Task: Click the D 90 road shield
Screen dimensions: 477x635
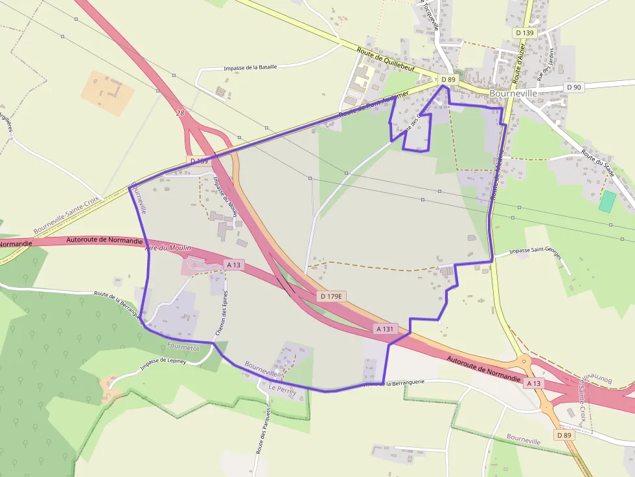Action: point(574,87)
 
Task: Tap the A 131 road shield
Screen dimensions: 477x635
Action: point(386,329)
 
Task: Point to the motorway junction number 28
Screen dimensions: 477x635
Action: point(180,113)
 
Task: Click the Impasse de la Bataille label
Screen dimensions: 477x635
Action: point(250,67)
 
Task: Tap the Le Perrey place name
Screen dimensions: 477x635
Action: point(282,389)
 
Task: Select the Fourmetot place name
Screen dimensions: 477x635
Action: point(183,347)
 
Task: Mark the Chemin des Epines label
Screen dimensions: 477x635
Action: point(221,313)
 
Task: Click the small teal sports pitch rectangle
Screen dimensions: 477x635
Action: point(608,201)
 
